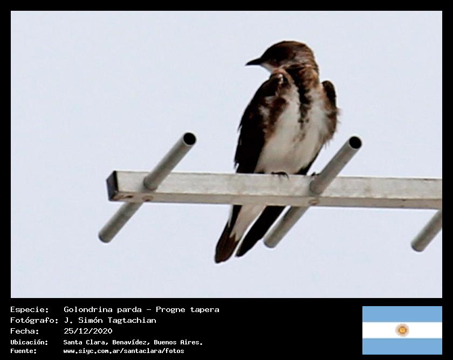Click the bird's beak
pos(253,62)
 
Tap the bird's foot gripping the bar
pos(280,175)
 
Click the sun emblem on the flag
pos(402,330)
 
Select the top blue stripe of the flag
pos(402,314)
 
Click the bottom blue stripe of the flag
pos(402,347)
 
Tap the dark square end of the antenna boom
pos(111,185)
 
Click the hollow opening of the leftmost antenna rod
pos(189,139)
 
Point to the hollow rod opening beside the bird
pos(355,143)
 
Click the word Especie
pos(30,310)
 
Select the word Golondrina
pos(88,310)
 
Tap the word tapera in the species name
pos(204,310)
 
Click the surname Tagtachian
pos(132,320)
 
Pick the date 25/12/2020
pos(88,331)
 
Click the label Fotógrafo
pos(35,320)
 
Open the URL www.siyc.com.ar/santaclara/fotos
pos(123,351)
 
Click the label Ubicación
pos(29,342)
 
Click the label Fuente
pos(24,351)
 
